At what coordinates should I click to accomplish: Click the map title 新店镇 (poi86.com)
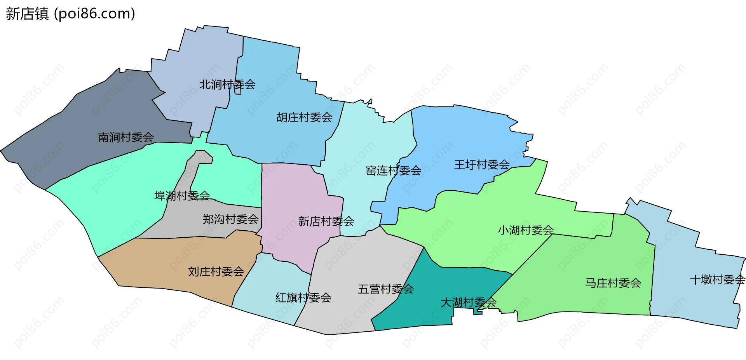click(x=70, y=14)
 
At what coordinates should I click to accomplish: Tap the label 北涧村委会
click(x=227, y=84)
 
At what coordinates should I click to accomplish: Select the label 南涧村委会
click(x=126, y=137)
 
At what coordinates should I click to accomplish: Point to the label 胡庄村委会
click(x=304, y=117)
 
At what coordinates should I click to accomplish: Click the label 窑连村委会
click(x=393, y=170)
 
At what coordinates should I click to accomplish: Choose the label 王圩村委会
click(x=482, y=165)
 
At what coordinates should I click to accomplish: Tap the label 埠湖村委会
click(x=182, y=195)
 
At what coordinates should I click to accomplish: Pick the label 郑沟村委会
click(x=230, y=219)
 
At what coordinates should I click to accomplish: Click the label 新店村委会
click(x=326, y=221)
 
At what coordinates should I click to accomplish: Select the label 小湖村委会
click(x=526, y=230)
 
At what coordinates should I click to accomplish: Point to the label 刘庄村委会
click(x=216, y=271)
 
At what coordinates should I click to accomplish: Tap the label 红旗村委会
click(x=303, y=298)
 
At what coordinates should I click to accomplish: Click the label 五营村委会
click(x=385, y=289)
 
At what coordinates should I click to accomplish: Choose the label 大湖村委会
click(x=468, y=302)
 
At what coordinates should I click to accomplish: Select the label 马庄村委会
click(x=613, y=283)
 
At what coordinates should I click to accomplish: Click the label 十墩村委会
click(x=717, y=280)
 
